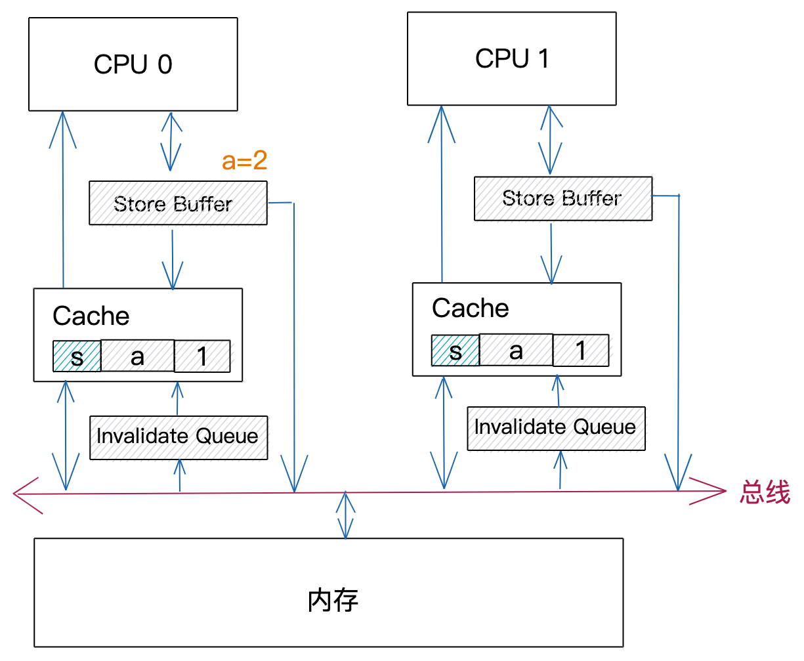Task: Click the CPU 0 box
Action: coord(133,64)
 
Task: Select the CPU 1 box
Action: coord(511,58)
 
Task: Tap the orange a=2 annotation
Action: coord(244,160)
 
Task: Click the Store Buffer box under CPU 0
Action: coord(178,203)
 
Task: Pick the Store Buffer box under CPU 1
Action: coord(562,198)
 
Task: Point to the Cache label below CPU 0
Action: coord(91,316)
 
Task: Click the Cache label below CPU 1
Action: coord(470,308)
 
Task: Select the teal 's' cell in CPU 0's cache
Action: coord(77,356)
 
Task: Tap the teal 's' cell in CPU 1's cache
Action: coord(455,351)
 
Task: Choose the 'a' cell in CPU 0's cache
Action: coord(137,356)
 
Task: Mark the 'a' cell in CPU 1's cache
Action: coord(516,350)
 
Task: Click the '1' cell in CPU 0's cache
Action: coord(202,356)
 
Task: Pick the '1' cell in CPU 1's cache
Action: coord(581,350)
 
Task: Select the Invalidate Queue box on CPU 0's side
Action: coord(178,437)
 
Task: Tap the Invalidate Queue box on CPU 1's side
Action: coord(556,428)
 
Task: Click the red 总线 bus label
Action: coord(765,492)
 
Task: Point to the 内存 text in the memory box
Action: coord(333,600)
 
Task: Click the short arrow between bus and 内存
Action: coord(345,515)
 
